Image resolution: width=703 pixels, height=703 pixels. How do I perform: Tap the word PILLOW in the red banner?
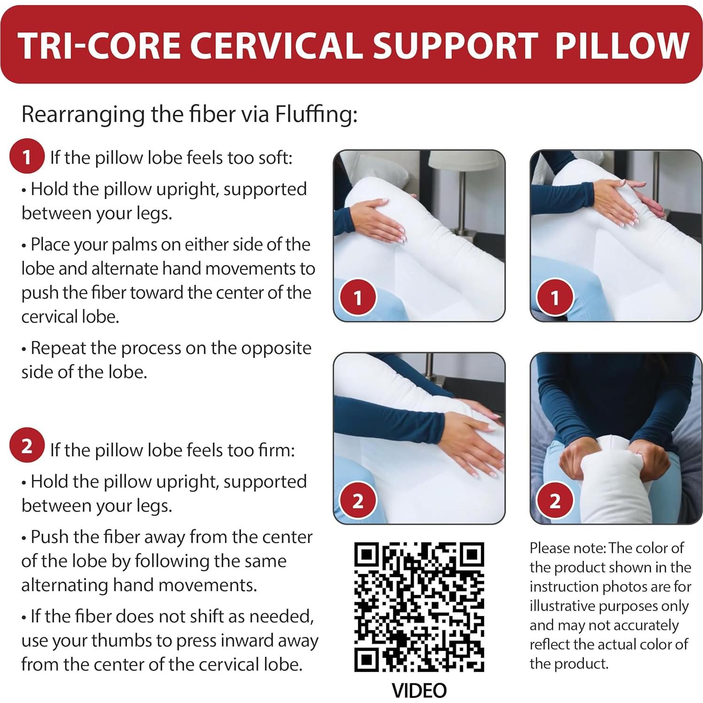coord(622,46)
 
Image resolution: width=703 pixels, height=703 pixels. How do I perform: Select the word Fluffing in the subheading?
coord(316,114)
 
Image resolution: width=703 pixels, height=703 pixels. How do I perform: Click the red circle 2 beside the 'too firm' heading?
coord(27,445)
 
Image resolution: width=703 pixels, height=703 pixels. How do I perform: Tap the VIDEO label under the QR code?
coord(419,690)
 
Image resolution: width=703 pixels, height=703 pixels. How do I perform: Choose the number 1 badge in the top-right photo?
coord(555,298)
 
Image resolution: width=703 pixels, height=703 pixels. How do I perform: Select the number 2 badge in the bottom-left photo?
coord(358,501)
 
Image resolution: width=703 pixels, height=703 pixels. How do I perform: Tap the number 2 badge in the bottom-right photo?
coord(555,501)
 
